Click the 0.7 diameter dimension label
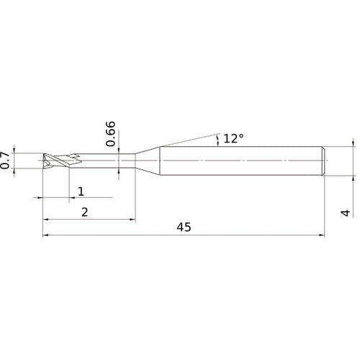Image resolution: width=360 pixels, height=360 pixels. click(x=5, y=161)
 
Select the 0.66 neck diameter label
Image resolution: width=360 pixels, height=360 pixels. click(x=111, y=134)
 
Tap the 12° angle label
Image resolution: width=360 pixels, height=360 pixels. click(x=233, y=139)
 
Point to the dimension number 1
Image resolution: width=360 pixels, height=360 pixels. click(x=81, y=192)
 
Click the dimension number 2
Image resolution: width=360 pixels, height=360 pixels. click(x=85, y=212)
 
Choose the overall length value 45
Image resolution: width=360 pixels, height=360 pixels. click(x=184, y=227)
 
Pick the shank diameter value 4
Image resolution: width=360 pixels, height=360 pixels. click(x=346, y=213)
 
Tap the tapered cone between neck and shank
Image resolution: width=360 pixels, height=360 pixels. click(x=148, y=161)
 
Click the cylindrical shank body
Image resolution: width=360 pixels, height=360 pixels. click(x=241, y=161)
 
